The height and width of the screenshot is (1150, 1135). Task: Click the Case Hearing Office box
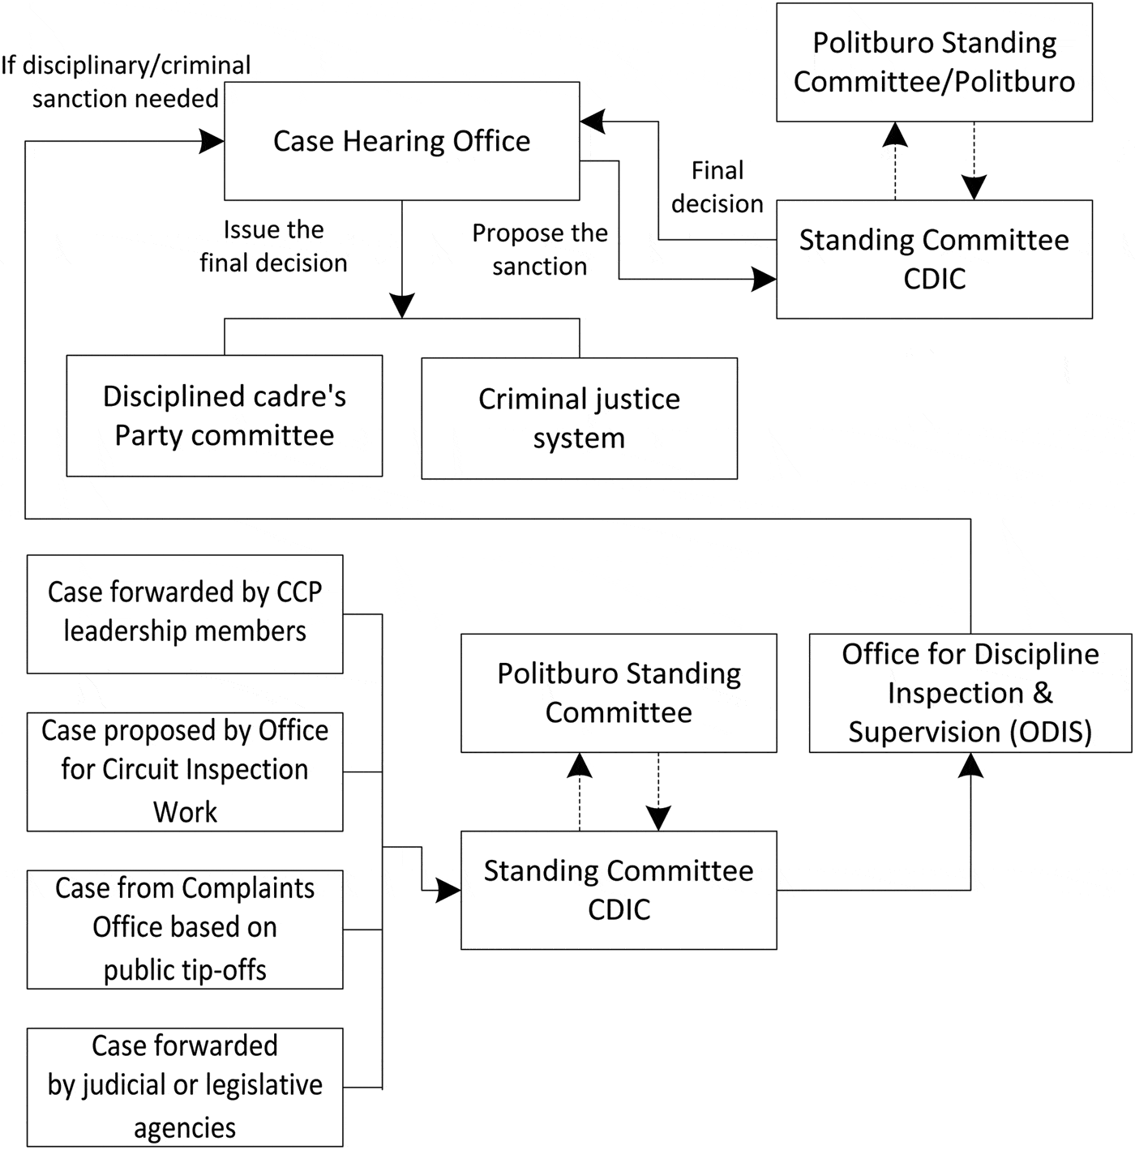tap(401, 141)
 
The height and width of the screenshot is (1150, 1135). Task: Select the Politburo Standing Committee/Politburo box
tap(934, 62)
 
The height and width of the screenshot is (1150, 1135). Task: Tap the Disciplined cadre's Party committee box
tap(224, 416)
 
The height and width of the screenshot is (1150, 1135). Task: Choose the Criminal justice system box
tap(579, 418)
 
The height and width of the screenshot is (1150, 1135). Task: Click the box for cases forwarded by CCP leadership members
tap(185, 613)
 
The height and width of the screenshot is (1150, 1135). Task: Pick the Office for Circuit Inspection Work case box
tap(185, 772)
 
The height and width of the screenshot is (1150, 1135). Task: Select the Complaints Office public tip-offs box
tap(185, 929)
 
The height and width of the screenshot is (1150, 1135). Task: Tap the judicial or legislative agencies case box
tap(185, 1087)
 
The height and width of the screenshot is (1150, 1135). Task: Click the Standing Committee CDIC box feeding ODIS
tap(619, 890)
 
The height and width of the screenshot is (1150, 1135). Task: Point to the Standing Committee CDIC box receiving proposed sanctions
tap(934, 259)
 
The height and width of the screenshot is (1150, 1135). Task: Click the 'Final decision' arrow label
tap(717, 187)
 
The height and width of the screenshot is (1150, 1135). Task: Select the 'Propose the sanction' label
tap(540, 250)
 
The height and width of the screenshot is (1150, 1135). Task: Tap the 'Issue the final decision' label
tap(273, 246)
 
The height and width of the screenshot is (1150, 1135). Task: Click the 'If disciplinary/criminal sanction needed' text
tap(126, 82)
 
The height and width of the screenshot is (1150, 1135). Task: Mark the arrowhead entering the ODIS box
tap(970, 764)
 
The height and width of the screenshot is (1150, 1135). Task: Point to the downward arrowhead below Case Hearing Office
tap(402, 306)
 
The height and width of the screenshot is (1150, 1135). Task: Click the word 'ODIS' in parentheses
tap(1051, 732)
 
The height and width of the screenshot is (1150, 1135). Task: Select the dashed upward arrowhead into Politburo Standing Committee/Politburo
tap(895, 134)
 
